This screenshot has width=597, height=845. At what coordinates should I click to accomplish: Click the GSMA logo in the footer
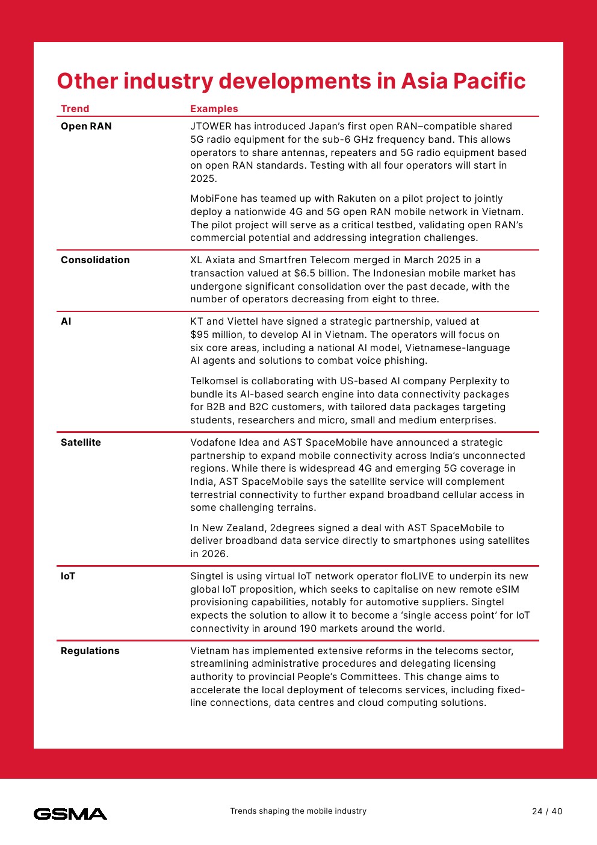[70, 814]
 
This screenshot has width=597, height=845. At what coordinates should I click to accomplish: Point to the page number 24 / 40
[547, 811]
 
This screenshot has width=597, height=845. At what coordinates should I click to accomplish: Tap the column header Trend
[75, 108]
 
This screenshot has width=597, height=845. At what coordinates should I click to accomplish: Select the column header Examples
[214, 108]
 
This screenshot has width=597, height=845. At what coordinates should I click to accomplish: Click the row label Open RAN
[86, 126]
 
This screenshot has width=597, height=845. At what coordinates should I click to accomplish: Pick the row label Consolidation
[95, 260]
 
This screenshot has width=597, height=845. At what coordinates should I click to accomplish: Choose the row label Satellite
[81, 442]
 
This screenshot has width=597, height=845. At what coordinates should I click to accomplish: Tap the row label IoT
[68, 576]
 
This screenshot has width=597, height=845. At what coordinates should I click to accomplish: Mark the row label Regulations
[90, 650]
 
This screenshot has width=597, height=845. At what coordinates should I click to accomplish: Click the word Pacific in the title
[489, 81]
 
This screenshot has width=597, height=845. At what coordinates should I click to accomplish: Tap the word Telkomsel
[216, 381]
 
